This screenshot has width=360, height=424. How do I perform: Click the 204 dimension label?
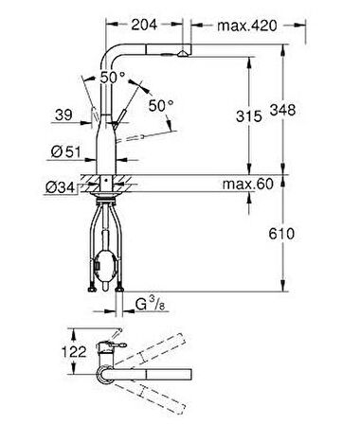(144, 25)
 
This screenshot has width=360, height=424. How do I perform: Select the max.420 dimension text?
(247, 26)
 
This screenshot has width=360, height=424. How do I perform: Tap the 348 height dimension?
(282, 110)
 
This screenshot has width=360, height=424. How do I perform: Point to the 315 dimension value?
(249, 116)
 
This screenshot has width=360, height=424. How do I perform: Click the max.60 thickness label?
(248, 184)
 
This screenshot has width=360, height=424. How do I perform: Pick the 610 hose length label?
(281, 234)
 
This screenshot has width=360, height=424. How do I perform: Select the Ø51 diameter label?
(65, 152)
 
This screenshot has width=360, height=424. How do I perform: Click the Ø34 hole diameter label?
(60, 187)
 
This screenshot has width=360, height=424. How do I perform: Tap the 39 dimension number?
(63, 115)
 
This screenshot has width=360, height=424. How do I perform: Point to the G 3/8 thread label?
(151, 305)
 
